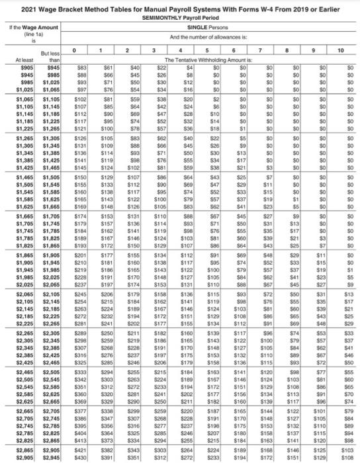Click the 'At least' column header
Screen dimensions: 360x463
(14, 62)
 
